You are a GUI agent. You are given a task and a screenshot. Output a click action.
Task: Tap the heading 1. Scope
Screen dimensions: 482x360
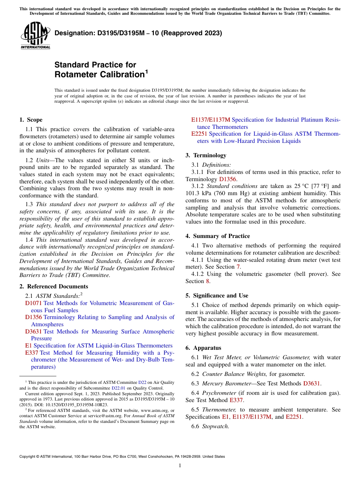pyautogui.click(x=31, y=120)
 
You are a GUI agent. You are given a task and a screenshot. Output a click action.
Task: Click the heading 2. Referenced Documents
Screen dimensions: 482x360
pyautogui.click(x=53, y=286)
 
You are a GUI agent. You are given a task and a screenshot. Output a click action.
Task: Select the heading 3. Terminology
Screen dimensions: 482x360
pyautogui.click(x=206, y=155)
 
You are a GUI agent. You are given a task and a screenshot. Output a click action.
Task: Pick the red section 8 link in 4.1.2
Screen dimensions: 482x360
pyautogui.click(x=207, y=281)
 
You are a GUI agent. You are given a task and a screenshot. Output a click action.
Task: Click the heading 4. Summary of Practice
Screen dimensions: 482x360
pyautogui.click(x=218, y=236)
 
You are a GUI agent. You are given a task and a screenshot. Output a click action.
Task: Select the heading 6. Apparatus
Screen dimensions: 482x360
pyautogui.click(x=203, y=348)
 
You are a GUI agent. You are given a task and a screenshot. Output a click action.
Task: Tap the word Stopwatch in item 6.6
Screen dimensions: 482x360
pyautogui.click(x=215, y=426)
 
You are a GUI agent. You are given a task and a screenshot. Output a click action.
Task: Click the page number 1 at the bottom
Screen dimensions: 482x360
pyautogui.click(x=180, y=465)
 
